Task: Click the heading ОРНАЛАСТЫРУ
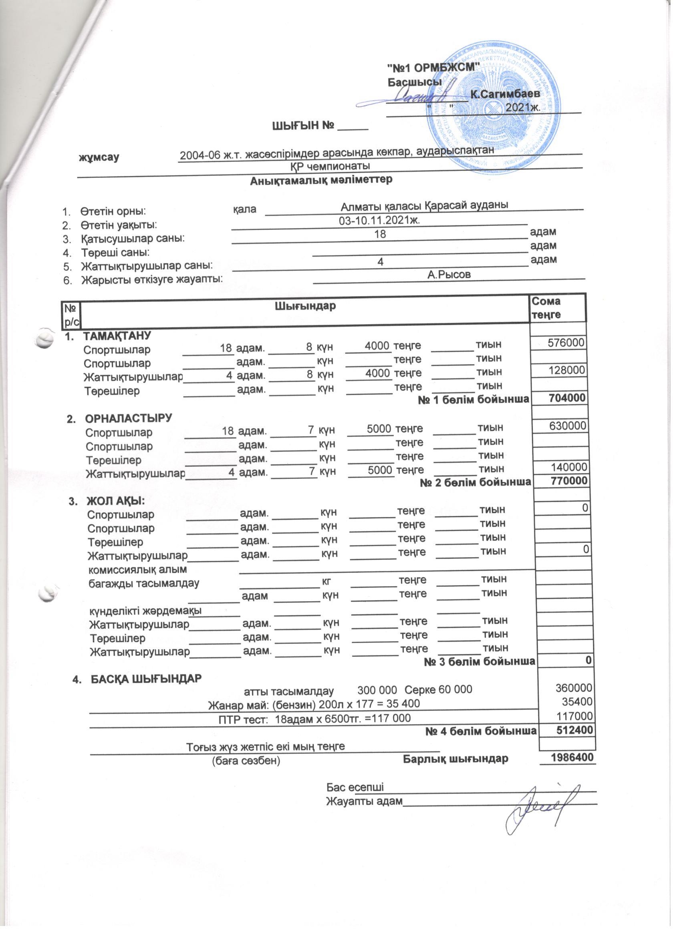pos(128,418)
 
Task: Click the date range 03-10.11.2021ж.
pos(379,220)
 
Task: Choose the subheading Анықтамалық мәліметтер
pos(321,180)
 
